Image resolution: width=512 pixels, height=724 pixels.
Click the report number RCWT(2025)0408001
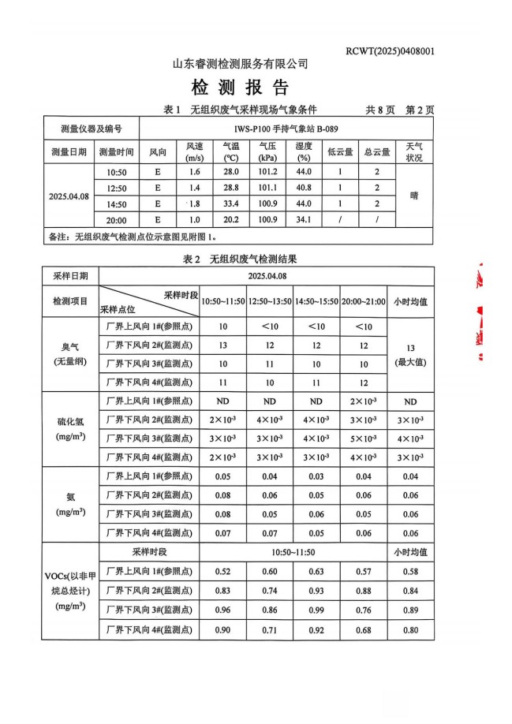(390, 51)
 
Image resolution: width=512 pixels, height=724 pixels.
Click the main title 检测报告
(240, 87)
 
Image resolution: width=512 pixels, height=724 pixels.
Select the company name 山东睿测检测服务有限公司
(240, 64)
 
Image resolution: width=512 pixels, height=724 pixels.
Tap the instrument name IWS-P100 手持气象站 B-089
(286, 129)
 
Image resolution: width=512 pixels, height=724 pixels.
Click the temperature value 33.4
(231, 203)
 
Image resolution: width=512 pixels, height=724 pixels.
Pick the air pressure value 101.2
(267, 171)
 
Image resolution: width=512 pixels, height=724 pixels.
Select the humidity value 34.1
(304, 219)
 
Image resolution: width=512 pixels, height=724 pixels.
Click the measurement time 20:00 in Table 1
(116, 219)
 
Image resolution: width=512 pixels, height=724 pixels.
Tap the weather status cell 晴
(413, 196)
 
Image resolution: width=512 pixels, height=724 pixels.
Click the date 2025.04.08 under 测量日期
(69, 196)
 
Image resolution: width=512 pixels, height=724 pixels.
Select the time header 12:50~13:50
(270, 301)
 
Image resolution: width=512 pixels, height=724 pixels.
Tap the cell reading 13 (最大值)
(410, 353)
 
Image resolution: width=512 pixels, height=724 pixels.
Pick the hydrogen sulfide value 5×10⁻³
(364, 439)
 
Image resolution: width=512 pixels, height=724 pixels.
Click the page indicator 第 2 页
(419, 110)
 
